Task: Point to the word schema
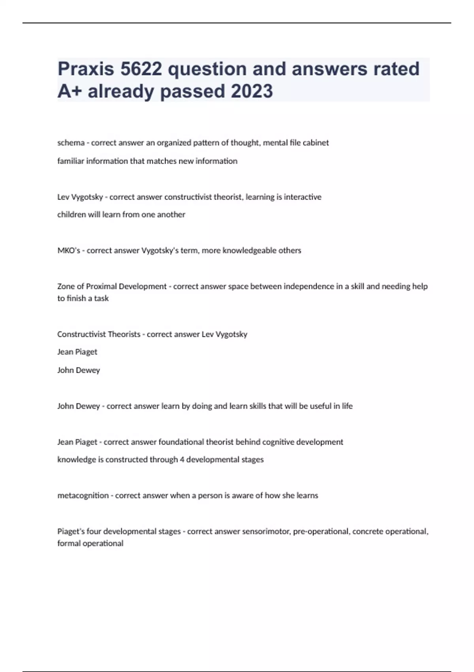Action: (x=71, y=143)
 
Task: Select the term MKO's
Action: (x=69, y=250)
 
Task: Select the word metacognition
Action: (x=83, y=495)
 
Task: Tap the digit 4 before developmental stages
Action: (x=182, y=459)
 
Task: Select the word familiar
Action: (x=71, y=161)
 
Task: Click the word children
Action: (x=71, y=215)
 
